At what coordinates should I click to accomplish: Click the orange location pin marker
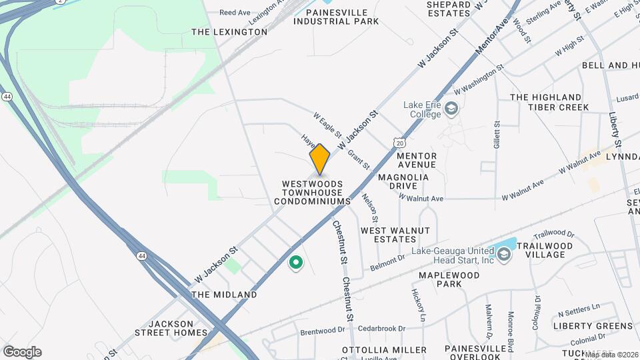pos(320,159)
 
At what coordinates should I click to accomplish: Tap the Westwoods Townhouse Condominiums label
pos(312,192)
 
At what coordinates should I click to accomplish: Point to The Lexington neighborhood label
pos(229,31)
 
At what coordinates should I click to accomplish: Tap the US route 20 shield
pos(399,143)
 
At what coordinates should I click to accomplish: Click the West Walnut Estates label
pos(395,235)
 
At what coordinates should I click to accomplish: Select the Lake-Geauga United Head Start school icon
pos(505,254)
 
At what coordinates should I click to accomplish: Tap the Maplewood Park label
pos(449,279)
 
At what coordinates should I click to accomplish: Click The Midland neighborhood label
pos(224,294)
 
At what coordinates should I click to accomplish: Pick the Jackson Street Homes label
pos(172,327)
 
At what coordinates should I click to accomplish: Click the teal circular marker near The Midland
pos(295,264)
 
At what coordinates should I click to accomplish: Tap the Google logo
pos(22,352)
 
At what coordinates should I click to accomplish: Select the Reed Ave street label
pos(235,12)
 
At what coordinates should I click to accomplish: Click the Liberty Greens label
pos(593,325)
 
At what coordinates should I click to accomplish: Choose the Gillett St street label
pos(497,134)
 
